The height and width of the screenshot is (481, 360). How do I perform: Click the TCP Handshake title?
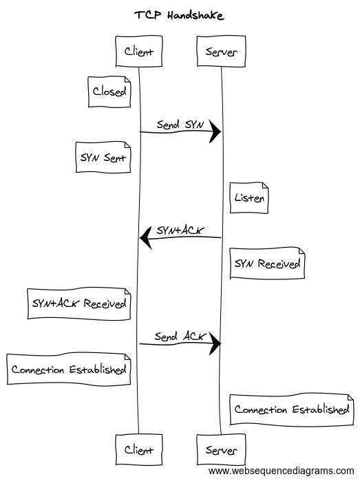[179, 15]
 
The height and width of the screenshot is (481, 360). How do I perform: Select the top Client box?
[139, 51]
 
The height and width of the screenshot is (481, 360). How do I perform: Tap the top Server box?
[221, 51]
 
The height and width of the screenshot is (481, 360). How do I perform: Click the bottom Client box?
[139, 450]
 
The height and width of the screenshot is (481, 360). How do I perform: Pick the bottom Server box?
[221, 450]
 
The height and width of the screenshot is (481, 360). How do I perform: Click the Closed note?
[109, 92]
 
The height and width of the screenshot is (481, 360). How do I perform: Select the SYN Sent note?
[103, 157]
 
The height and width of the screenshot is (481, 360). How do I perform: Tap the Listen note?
[249, 198]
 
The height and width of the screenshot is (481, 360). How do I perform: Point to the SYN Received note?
[267, 263]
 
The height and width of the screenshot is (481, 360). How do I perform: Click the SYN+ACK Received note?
[79, 303]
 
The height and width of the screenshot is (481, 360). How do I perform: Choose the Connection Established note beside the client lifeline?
[69, 369]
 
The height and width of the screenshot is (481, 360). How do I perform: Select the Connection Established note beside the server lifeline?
[292, 409]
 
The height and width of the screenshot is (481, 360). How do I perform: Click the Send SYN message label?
[180, 125]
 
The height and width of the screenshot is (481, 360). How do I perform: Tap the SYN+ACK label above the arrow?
[180, 231]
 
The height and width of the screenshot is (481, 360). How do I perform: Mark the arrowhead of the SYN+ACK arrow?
[145, 237]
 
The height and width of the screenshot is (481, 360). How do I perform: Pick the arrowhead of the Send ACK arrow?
[215, 343]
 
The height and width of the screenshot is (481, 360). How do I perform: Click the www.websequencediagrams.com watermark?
[281, 471]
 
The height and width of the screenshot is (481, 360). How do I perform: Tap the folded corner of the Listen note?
[265, 186]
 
